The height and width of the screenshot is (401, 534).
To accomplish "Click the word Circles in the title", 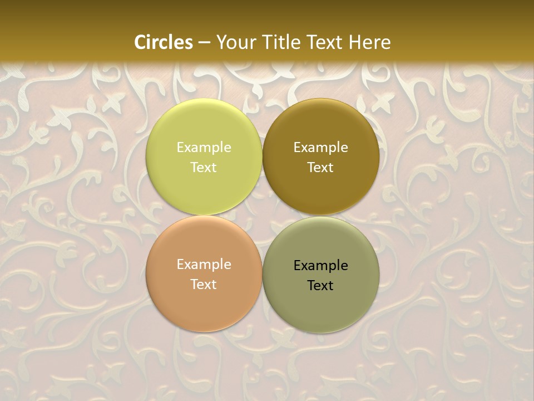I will pyautogui.click(x=164, y=42).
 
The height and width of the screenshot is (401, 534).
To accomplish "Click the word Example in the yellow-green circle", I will pyautogui.click(x=204, y=147).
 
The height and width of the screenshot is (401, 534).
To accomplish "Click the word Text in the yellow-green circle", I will pyautogui.click(x=204, y=167).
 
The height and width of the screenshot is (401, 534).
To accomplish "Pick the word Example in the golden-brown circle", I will pyautogui.click(x=321, y=147).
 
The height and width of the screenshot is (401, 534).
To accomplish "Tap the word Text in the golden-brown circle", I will pyautogui.click(x=321, y=167).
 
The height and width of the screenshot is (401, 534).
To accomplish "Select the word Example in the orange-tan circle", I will pyautogui.click(x=204, y=265).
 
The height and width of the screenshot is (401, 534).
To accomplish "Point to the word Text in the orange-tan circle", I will pyautogui.click(x=204, y=284).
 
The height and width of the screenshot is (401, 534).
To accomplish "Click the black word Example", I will pyautogui.click(x=321, y=266).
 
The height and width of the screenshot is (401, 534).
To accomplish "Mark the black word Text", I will pyautogui.click(x=321, y=285).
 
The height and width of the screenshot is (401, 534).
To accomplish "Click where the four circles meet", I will pyautogui.click(x=263, y=216).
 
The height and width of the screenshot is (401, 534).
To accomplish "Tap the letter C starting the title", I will pyautogui.click(x=140, y=42).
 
